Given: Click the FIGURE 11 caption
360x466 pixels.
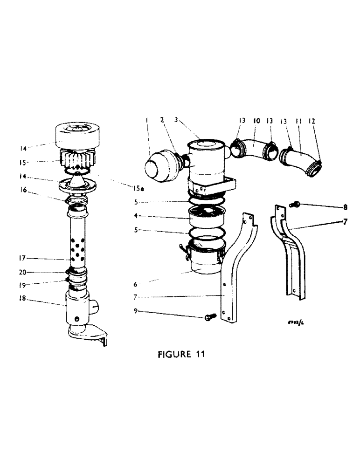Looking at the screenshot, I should pyautogui.click(x=180, y=354).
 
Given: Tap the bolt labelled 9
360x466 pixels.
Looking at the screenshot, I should pyautogui.click(x=209, y=317).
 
